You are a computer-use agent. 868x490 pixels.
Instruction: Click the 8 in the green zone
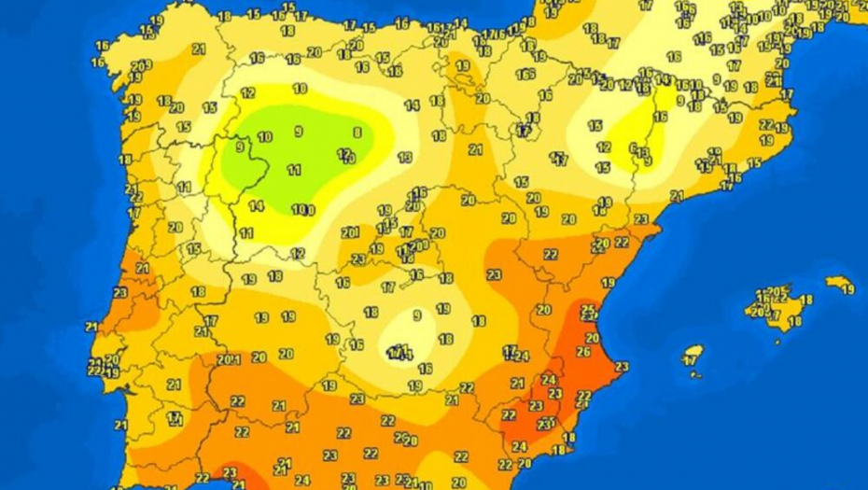point(357,133)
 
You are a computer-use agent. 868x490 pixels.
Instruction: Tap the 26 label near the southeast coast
point(583,352)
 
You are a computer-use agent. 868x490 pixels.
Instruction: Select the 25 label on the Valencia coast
point(588,310)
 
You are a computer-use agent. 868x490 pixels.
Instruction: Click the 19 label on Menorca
point(847,289)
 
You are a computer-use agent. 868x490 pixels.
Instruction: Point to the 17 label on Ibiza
point(691,359)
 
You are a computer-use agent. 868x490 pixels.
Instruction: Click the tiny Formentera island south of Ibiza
point(695,375)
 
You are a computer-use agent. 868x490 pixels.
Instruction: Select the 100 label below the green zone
point(302,210)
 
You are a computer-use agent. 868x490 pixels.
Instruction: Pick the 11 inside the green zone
point(294,170)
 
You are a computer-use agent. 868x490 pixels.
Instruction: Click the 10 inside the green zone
point(265,137)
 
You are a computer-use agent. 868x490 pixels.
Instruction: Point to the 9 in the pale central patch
point(417,315)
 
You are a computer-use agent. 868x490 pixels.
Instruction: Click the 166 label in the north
point(525,75)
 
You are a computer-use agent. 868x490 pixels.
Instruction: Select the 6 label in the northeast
point(633,147)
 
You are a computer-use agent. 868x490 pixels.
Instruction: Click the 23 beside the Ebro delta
point(641,219)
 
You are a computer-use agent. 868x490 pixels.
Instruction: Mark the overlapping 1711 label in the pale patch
point(399,352)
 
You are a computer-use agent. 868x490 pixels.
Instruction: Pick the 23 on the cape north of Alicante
point(622,367)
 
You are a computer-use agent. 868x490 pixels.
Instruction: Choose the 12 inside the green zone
point(344,153)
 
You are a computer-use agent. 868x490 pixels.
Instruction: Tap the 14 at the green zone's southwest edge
point(256,206)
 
